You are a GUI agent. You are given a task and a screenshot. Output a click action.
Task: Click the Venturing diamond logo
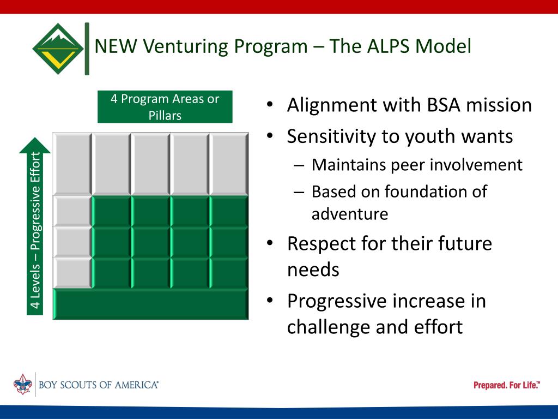(x=58, y=49)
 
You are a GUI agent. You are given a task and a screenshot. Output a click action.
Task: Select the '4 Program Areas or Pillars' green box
(x=165, y=107)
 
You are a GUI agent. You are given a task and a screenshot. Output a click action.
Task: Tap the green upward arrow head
(x=35, y=145)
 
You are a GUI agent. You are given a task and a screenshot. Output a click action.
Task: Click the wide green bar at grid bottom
(x=150, y=304)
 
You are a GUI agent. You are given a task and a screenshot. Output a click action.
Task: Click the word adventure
(x=350, y=214)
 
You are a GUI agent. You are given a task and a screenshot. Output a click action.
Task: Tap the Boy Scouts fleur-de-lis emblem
(x=22, y=384)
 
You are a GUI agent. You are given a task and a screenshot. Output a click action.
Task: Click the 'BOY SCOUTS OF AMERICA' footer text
(x=99, y=385)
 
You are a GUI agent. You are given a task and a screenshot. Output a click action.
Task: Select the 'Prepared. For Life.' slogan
(x=506, y=385)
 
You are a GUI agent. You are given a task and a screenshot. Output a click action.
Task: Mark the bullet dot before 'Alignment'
(x=270, y=105)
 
